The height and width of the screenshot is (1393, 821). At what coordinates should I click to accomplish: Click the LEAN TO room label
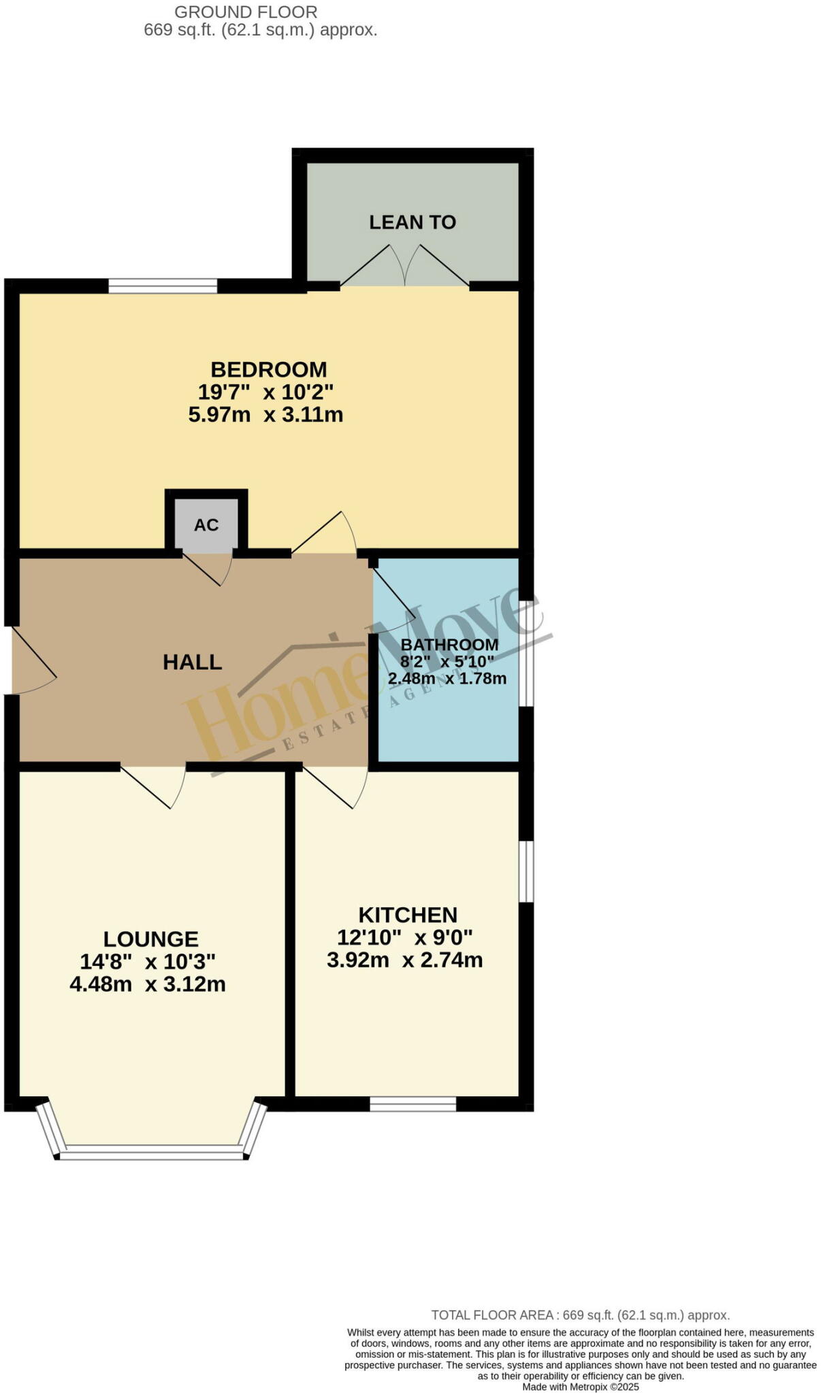click(x=412, y=222)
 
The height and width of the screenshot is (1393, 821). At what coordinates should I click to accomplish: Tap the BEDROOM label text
click(x=268, y=369)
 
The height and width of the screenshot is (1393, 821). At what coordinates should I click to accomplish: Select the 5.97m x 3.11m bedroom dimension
click(x=265, y=414)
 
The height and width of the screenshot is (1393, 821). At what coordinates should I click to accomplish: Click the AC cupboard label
click(x=206, y=525)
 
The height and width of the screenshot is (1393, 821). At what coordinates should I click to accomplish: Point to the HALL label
click(x=192, y=662)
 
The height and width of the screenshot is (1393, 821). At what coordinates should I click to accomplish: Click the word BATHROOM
click(x=449, y=644)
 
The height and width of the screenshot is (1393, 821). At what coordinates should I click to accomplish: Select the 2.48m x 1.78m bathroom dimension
click(x=447, y=678)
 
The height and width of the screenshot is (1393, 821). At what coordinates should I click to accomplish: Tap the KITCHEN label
click(x=408, y=914)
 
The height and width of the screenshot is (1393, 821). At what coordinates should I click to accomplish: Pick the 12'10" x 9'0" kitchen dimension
click(x=404, y=937)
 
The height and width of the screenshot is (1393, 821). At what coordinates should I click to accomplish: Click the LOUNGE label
click(x=150, y=939)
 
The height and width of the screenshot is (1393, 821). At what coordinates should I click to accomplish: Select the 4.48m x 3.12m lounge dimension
click(x=148, y=984)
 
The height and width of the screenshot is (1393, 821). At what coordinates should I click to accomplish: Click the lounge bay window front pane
click(x=151, y=1152)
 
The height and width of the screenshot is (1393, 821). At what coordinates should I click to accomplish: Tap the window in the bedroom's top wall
click(x=163, y=286)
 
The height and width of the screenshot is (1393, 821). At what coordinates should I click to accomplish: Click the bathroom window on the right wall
click(x=526, y=653)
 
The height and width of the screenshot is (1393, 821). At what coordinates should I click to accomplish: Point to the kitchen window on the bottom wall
click(x=413, y=1104)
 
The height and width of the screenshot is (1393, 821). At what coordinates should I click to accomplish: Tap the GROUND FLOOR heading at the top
click(x=246, y=12)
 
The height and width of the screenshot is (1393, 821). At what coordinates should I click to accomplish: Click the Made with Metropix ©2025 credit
click(x=580, y=1387)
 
